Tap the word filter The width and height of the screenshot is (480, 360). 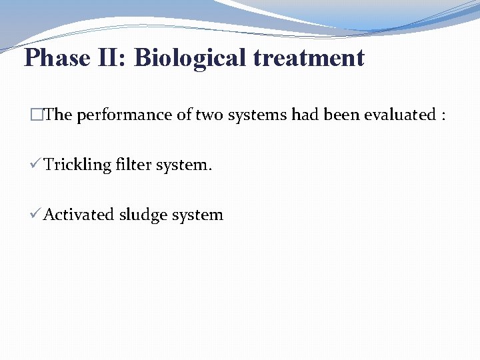click(134, 165)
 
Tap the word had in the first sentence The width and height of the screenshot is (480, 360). click(305, 115)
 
